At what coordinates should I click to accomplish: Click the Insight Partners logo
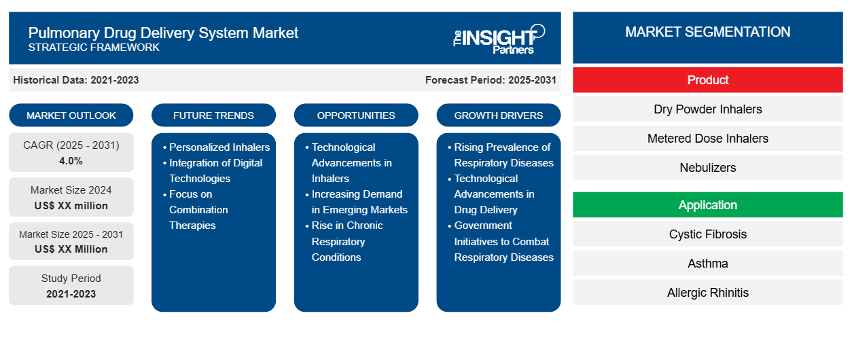pyautogui.click(x=499, y=38)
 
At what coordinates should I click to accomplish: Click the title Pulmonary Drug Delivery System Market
pyautogui.click(x=163, y=33)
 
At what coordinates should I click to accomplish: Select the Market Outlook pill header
pyautogui.click(x=71, y=115)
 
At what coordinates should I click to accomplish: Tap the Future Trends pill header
pyautogui.click(x=213, y=115)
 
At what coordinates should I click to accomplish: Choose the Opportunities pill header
pyautogui.click(x=356, y=115)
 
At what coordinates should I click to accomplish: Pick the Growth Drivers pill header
pyautogui.click(x=499, y=115)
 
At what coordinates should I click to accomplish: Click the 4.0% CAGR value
pyautogui.click(x=71, y=161)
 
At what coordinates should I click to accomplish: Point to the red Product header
pyautogui.click(x=707, y=80)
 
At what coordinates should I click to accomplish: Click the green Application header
pyautogui.click(x=707, y=205)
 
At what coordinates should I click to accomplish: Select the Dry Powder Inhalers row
pyautogui.click(x=707, y=109)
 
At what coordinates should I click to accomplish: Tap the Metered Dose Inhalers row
pyautogui.click(x=707, y=139)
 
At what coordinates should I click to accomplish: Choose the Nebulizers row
pyautogui.click(x=707, y=168)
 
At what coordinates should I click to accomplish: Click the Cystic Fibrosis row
pyautogui.click(x=707, y=234)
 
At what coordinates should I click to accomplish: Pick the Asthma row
pyautogui.click(x=707, y=264)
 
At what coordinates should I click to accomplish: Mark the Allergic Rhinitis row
pyautogui.click(x=707, y=293)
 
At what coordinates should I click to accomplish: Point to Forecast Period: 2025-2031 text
pyautogui.click(x=491, y=80)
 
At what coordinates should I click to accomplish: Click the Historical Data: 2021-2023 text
pyautogui.click(x=76, y=80)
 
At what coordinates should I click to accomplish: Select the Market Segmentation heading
pyautogui.click(x=707, y=32)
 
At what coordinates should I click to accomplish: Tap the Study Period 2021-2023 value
pyautogui.click(x=71, y=294)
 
